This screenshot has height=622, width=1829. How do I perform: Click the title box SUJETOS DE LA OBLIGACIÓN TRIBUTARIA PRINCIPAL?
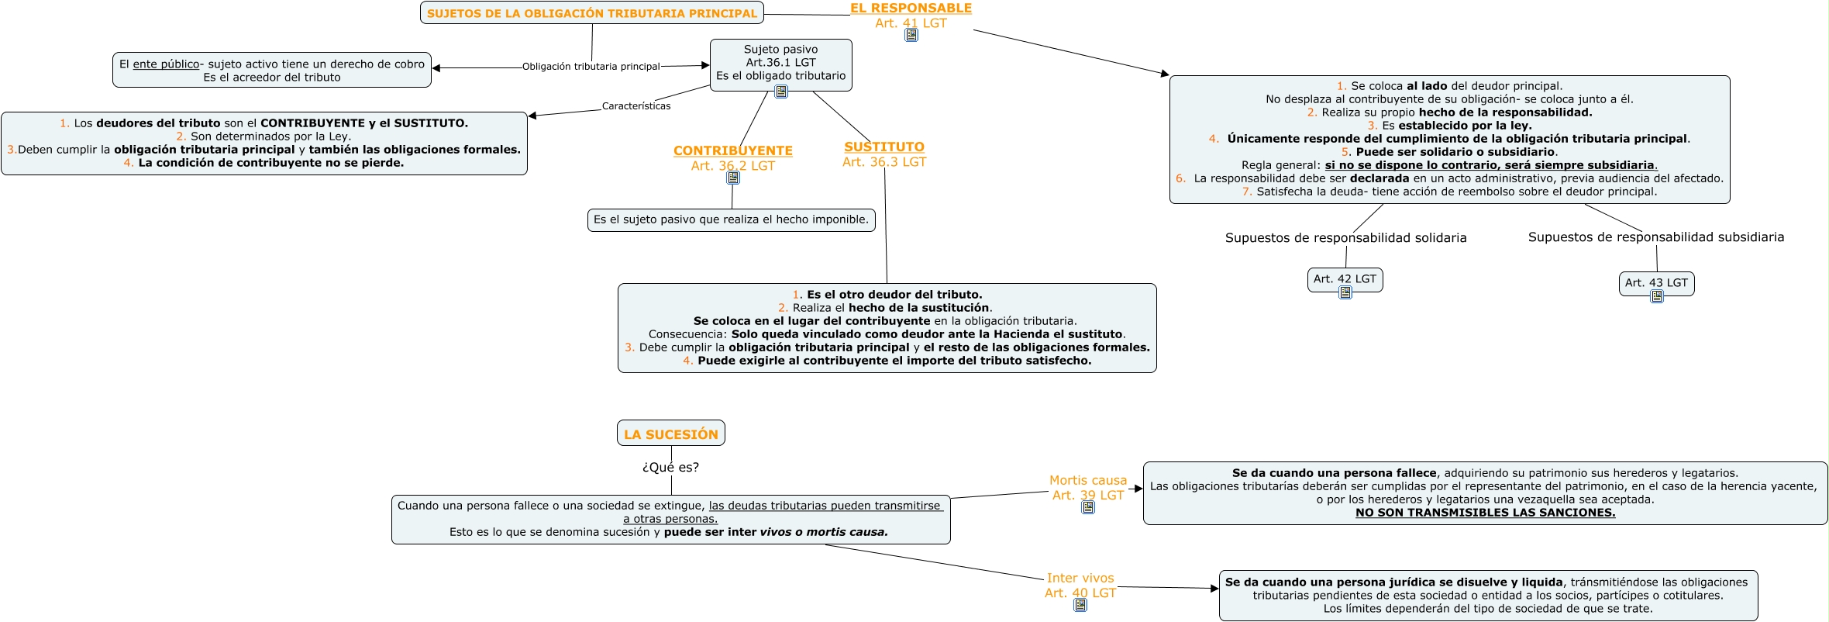coord(591,13)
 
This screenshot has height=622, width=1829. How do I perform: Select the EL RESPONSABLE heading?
coord(911,8)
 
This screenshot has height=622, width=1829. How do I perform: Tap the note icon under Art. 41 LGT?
coord(911,35)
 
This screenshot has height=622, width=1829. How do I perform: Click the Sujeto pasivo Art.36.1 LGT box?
coord(780,62)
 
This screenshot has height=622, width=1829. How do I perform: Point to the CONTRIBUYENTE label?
coord(732,150)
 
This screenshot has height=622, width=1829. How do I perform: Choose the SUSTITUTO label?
coord(884,147)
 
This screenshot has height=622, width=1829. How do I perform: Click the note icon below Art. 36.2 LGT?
coord(733,178)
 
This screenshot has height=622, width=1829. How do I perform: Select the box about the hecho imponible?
coord(731,219)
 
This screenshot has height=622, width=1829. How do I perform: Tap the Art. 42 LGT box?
coord(1345,278)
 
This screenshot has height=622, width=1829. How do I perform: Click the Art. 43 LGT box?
coord(1656,282)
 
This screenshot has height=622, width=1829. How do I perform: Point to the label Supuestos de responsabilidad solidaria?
coord(1345,237)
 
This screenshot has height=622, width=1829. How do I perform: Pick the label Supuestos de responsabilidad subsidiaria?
coord(1655,237)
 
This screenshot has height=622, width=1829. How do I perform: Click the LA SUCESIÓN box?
coord(670,434)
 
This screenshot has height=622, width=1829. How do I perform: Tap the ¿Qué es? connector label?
coord(670,467)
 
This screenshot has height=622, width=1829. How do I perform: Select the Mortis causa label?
coord(1087,480)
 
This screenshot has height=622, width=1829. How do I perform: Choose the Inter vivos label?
coord(1080,578)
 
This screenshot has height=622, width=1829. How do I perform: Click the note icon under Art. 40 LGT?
coord(1080,605)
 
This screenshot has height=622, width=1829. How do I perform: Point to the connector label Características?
coord(636,106)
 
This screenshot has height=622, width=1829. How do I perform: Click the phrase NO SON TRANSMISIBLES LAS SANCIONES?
coord(1485,512)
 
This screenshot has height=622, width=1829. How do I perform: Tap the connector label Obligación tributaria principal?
coord(591,67)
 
